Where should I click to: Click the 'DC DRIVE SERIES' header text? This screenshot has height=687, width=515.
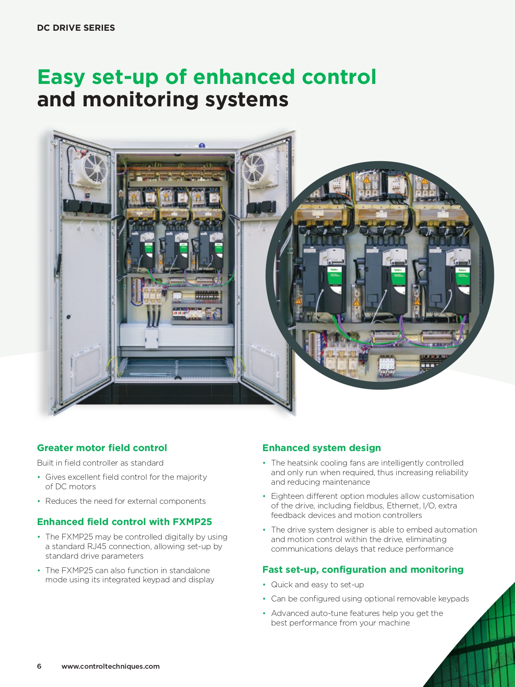76,28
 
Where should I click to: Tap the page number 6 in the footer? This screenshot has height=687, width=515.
39,666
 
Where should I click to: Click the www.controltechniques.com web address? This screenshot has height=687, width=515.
111,666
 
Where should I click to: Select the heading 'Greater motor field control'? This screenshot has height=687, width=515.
102,448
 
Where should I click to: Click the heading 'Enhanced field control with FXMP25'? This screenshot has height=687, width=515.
124,522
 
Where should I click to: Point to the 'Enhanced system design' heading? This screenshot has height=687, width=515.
322,448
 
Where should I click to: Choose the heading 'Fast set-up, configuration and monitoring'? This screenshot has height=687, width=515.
363,569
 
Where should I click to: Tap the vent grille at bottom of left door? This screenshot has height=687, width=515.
86,369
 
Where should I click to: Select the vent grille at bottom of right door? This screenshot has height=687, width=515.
264,369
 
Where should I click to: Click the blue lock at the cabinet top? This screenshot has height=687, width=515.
202,145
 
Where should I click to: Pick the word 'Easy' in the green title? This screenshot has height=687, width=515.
61,77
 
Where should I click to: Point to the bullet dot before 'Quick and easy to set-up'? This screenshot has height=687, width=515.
264,585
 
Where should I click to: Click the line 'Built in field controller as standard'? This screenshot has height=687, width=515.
100,463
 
